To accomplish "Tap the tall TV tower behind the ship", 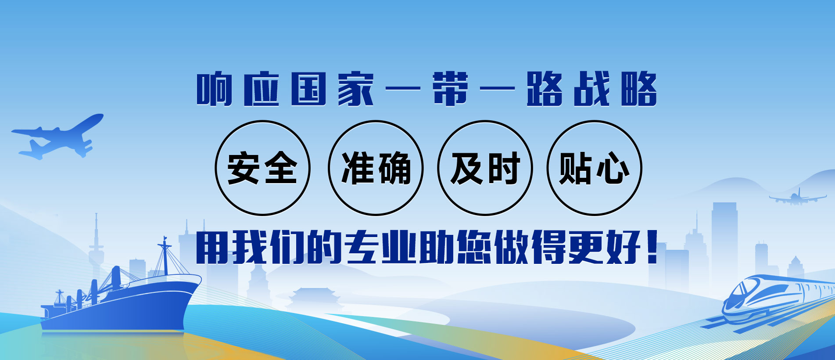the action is [x=96, y=246].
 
